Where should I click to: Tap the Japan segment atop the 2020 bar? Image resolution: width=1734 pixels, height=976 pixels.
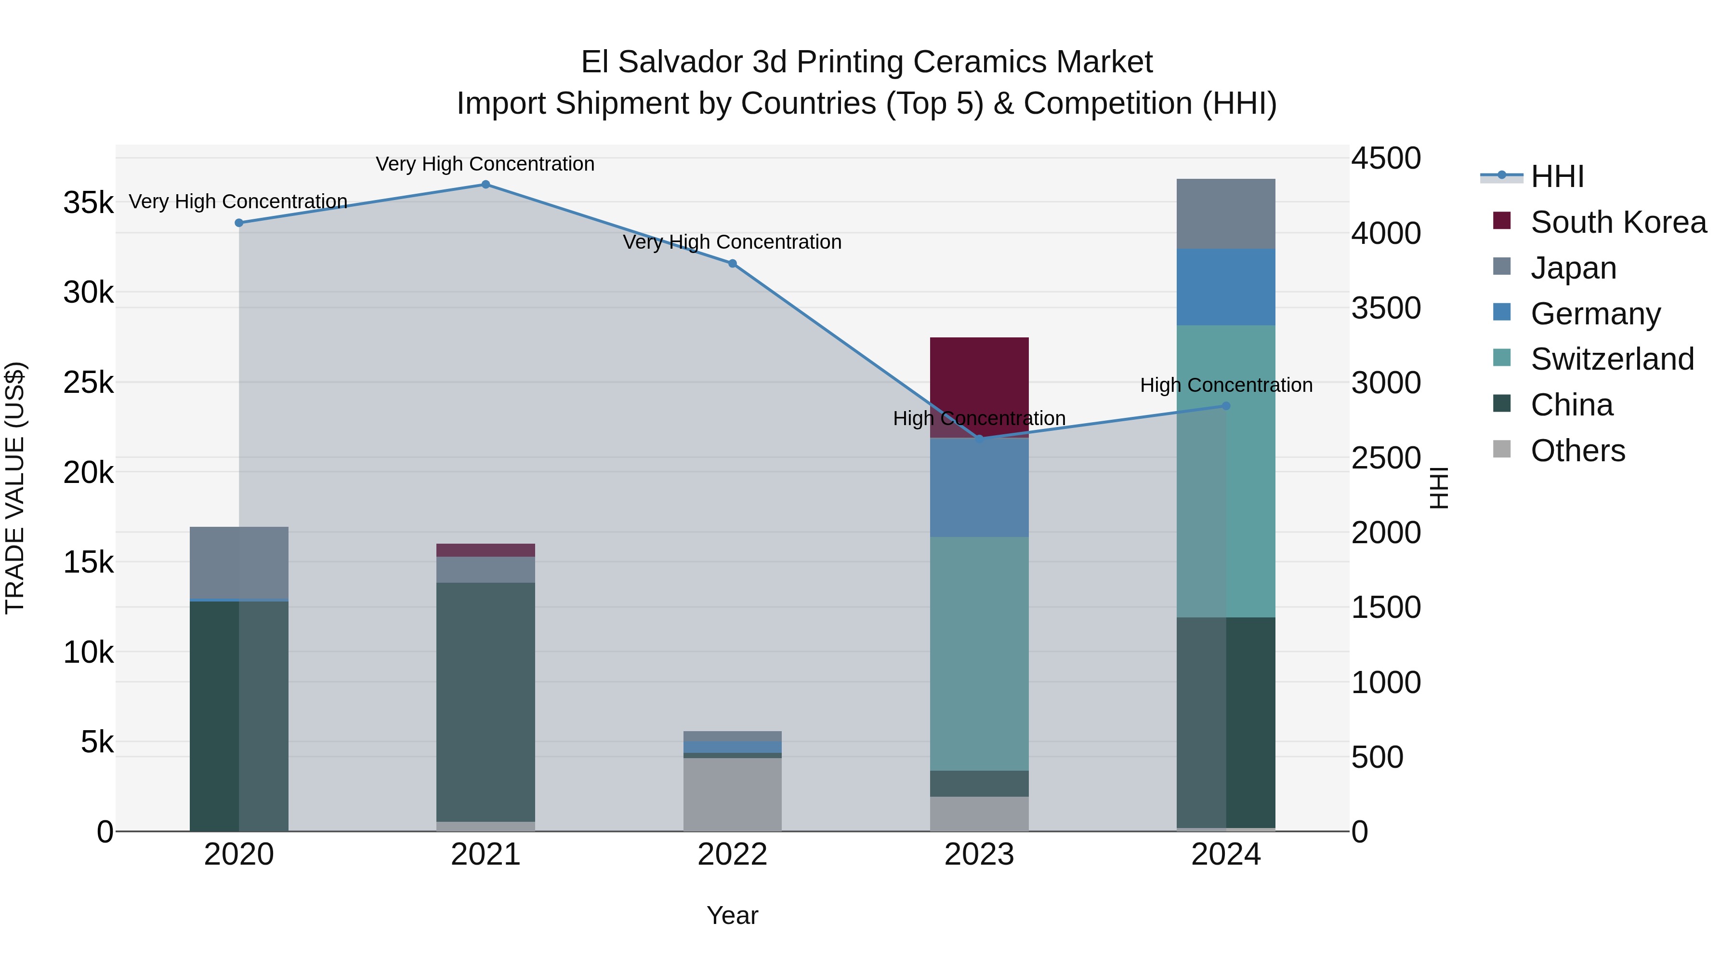[239, 562]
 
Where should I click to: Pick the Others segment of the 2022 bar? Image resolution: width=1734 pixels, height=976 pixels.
[732, 795]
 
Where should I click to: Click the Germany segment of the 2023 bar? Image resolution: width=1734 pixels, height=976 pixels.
[979, 488]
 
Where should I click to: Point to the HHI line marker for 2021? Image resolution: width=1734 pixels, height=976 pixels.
[486, 185]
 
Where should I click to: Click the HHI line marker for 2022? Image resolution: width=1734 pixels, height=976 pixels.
[732, 263]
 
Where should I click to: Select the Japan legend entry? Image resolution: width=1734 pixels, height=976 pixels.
[1573, 268]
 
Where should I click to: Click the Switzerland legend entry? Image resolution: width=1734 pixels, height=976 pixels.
[1612, 359]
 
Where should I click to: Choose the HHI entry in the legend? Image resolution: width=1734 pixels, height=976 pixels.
[1556, 176]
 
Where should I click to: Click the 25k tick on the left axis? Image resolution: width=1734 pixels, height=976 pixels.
[88, 383]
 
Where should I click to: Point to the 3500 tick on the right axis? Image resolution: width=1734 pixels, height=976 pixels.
[1386, 308]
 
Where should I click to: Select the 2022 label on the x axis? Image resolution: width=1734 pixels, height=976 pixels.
[732, 855]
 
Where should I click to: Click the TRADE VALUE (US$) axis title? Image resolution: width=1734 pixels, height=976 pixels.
[15, 488]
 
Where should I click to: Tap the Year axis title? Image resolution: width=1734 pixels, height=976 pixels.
[732, 915]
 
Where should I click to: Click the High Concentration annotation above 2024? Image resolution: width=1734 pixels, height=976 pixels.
[1226, 385]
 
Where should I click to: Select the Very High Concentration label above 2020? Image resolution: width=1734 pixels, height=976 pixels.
[238, 201]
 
